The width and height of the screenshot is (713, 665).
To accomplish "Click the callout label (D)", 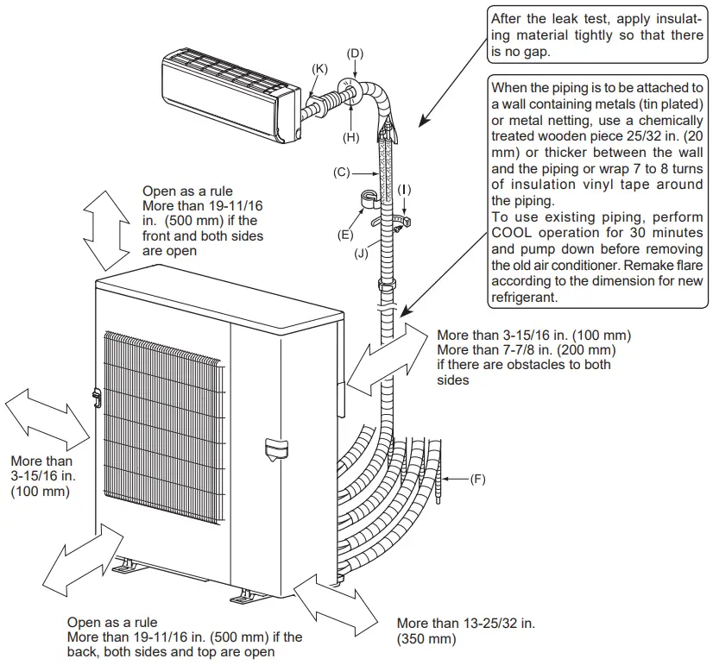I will coord(354,53).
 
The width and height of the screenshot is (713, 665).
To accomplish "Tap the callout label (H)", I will coord(351,137).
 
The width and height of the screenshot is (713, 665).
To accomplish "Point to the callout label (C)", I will coord(341,173).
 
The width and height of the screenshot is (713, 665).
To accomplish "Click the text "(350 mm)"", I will coord(426,639).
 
